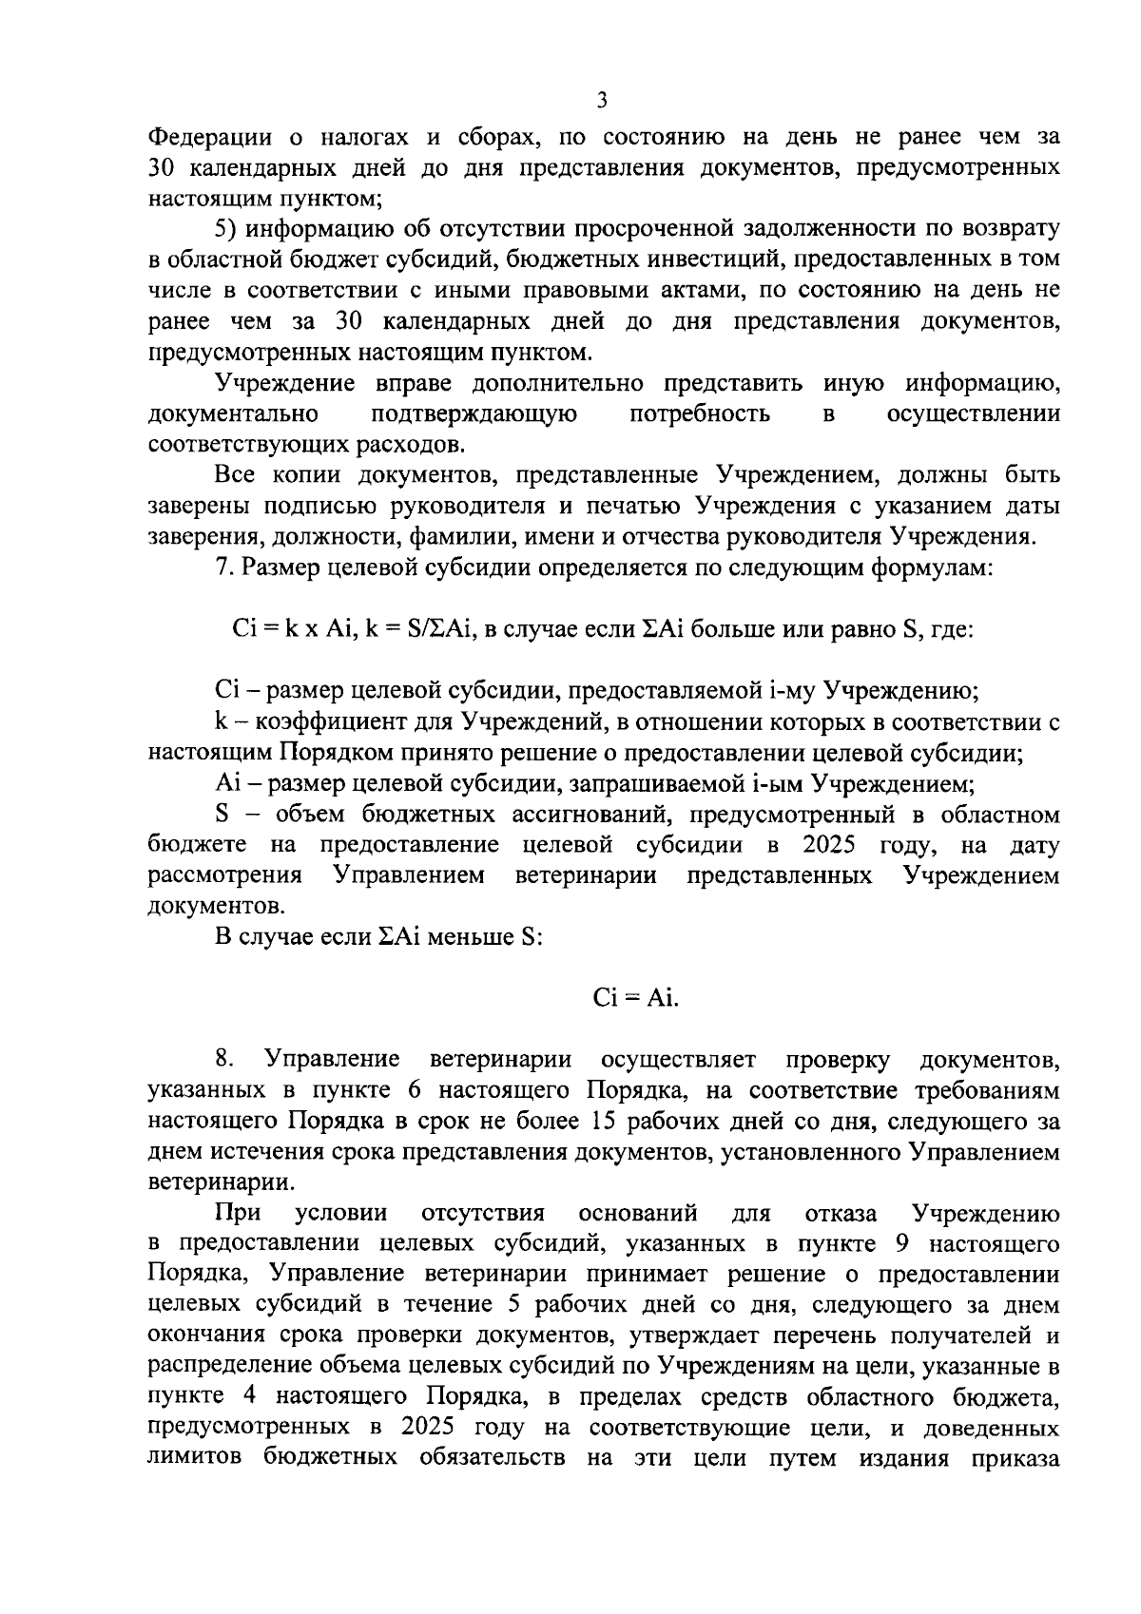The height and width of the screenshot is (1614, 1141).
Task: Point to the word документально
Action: pos(233,414)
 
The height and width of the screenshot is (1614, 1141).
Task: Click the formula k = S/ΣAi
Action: pos(419,629)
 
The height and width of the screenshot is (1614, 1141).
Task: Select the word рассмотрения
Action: pos(225,875)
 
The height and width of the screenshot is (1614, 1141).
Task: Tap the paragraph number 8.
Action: pos(225,1059)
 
